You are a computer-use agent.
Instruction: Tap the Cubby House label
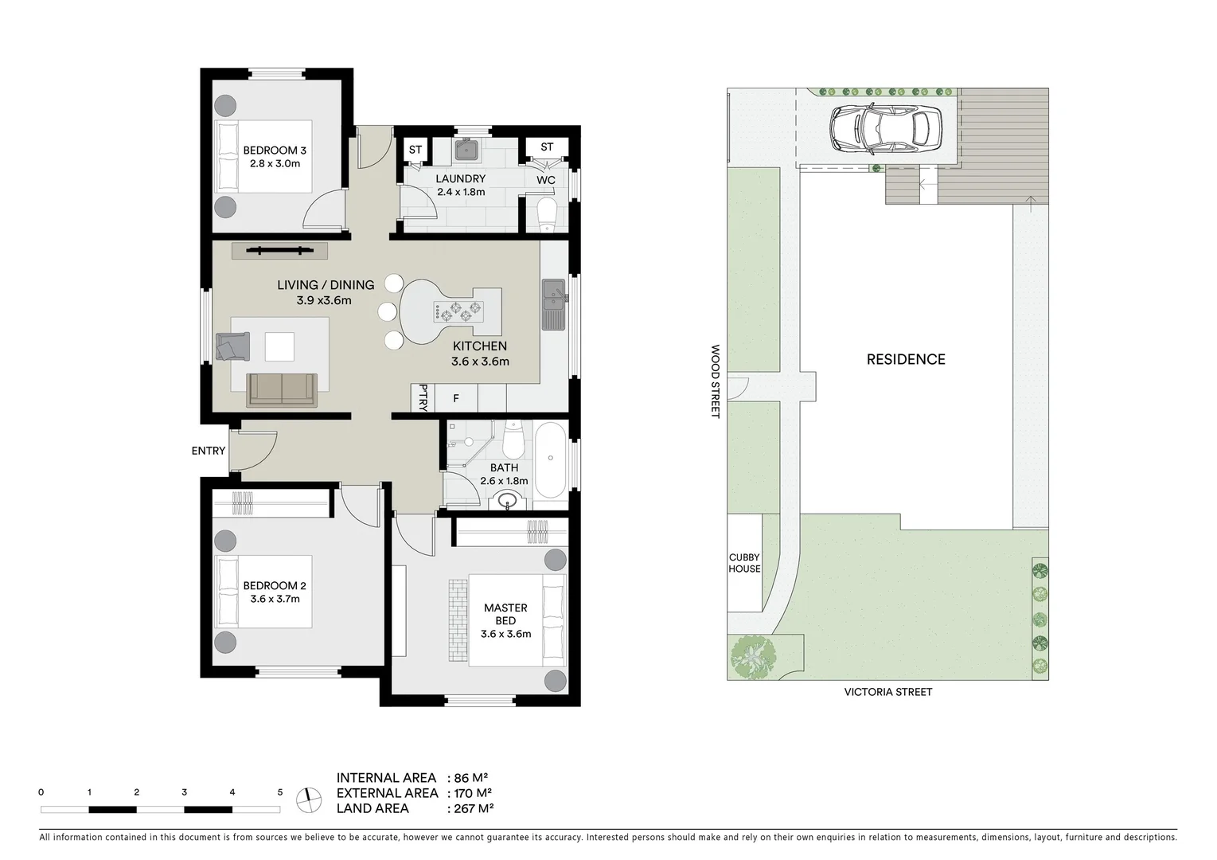(x=744, y=563)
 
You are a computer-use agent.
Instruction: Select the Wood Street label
(x=715, y=381)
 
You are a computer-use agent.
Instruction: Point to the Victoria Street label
(x=887, y=692)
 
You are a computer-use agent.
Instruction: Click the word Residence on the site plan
(x=906, y=359)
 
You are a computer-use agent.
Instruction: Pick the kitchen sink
(x=553, y=303)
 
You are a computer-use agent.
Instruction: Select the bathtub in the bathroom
(x=550, y=460)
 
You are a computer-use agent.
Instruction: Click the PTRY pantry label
(x=423, y=397)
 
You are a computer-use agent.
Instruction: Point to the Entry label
(x=209, y=451)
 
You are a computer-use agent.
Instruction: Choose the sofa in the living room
(x=282, y=389)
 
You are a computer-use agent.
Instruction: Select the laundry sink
(x=466, y=149)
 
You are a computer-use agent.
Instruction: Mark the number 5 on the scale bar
(x=279, y=792)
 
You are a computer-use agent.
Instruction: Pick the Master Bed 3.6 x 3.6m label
(x=505, y=620)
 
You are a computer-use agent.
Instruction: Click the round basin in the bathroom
(x=506, y=501)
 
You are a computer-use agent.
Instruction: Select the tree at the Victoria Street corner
(x=752, y=656)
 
